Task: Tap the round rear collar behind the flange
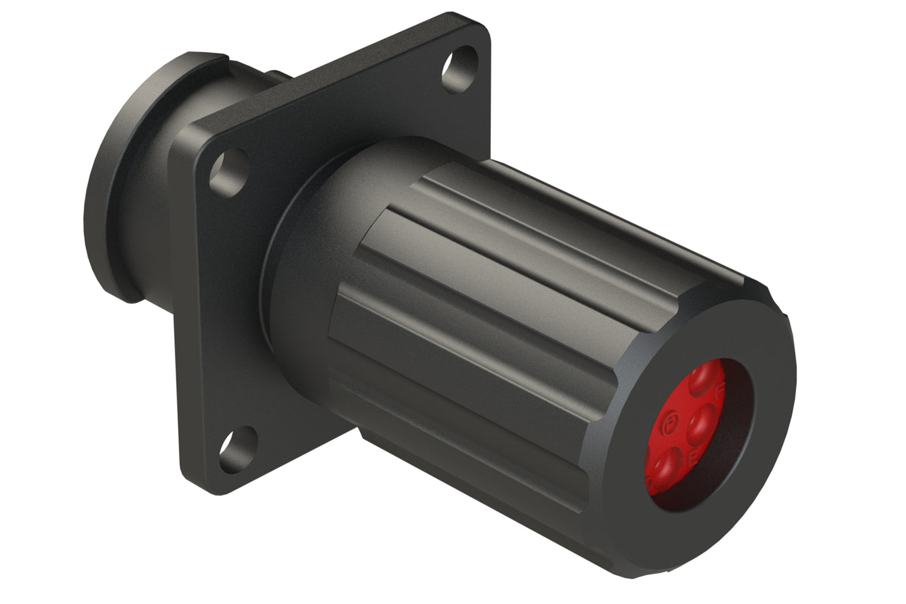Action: [119, 188]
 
